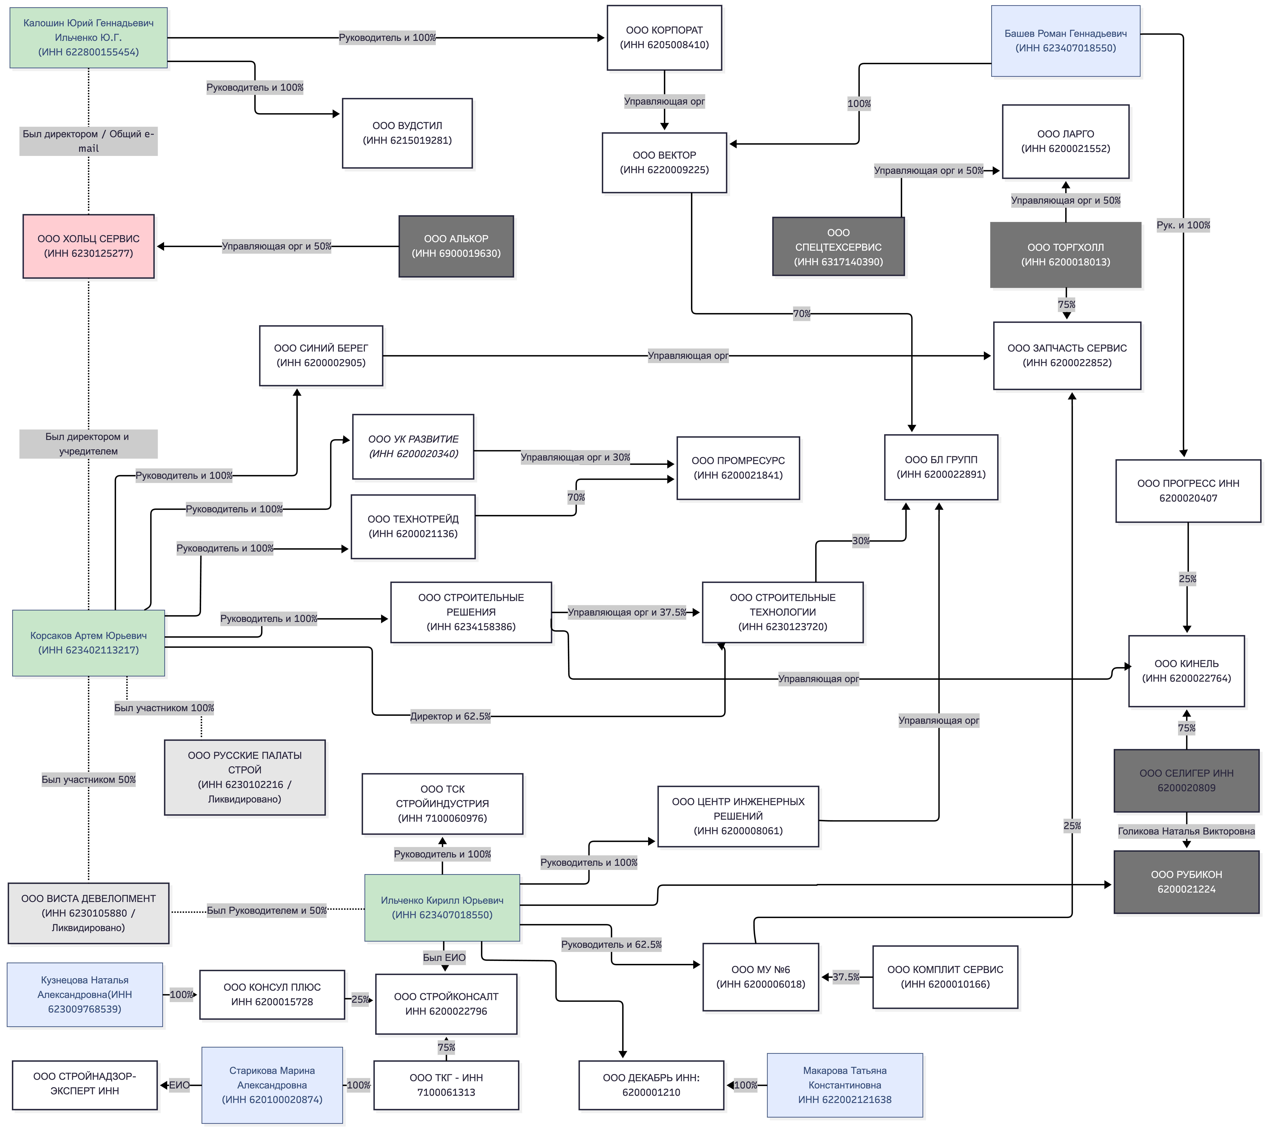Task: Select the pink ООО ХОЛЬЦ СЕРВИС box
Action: (89, 246)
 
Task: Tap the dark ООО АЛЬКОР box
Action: (456, 246)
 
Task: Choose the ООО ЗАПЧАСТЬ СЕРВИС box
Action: (1067, 355)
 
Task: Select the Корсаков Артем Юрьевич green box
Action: (89, 643)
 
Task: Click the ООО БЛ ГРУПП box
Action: (941, 467)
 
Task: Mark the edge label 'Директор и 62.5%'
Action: (450, 716)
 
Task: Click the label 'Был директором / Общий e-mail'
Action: (89, 141)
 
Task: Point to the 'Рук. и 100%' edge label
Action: (1183, 225)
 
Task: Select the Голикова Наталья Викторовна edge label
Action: (1186, 831)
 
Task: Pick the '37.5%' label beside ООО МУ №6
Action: (846, 977)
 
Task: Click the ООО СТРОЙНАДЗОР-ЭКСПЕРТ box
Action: (85, 1085)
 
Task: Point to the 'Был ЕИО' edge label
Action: (444, 957)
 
